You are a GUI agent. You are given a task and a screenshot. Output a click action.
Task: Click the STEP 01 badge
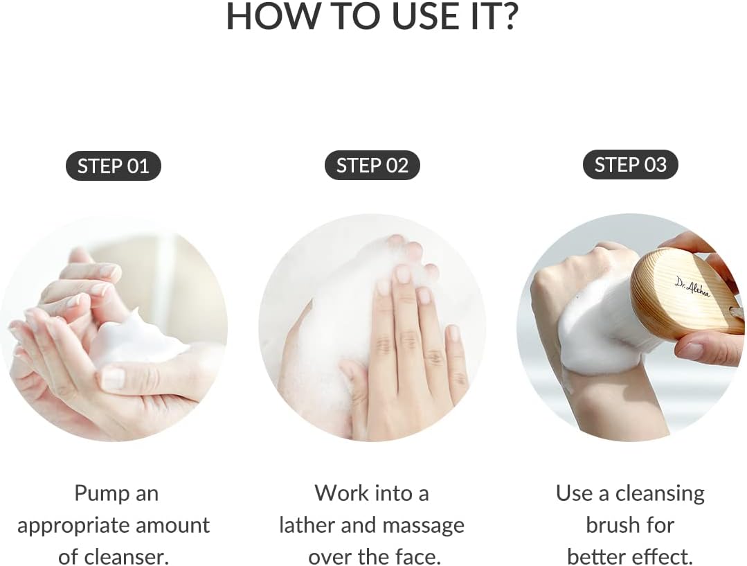tap(114, 167)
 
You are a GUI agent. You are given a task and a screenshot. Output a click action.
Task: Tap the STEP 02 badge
tap(372, 166)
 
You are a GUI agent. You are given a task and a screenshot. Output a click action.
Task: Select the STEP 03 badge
tap(630, 165)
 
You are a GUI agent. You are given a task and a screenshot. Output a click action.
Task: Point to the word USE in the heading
tap(416, 17)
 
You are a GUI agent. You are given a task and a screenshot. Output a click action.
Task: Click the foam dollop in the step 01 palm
tap(138, 339)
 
